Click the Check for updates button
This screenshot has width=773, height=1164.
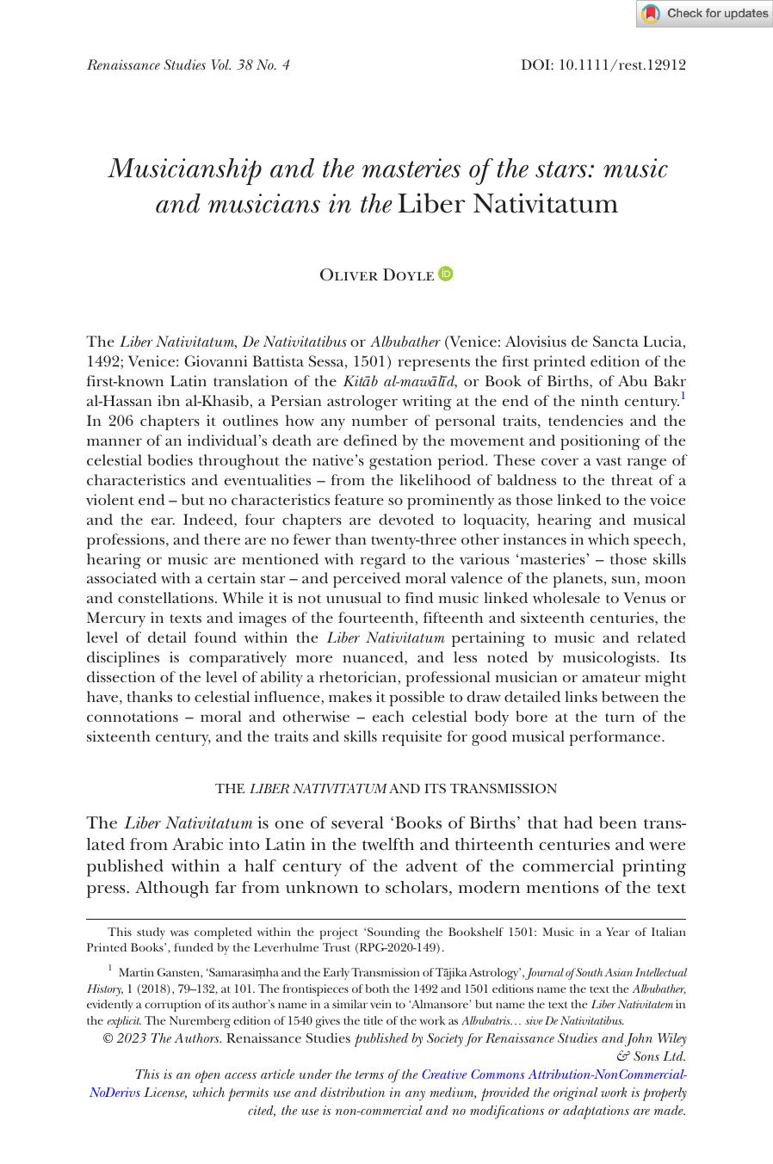[x=704, y=14]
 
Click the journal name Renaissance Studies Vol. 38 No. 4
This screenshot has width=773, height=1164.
[x=188, y=65]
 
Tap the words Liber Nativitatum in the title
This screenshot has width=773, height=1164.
[x=508, y=204]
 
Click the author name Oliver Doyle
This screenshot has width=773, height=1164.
[x=376, y=275]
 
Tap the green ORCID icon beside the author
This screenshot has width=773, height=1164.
[x=445, y=274]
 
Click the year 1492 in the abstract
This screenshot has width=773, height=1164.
[x=102, y=361]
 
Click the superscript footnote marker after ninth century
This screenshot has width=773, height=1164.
[x=683, y=397]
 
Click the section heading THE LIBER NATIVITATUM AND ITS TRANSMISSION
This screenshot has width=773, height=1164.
[x=386, y=788]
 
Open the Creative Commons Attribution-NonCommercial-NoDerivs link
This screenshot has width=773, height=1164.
[x=551, y=1075]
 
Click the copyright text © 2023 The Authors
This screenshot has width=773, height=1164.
[x=161, y=1038]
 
